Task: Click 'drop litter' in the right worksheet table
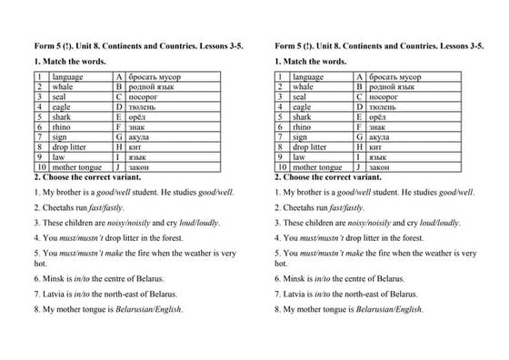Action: [309, 146]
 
